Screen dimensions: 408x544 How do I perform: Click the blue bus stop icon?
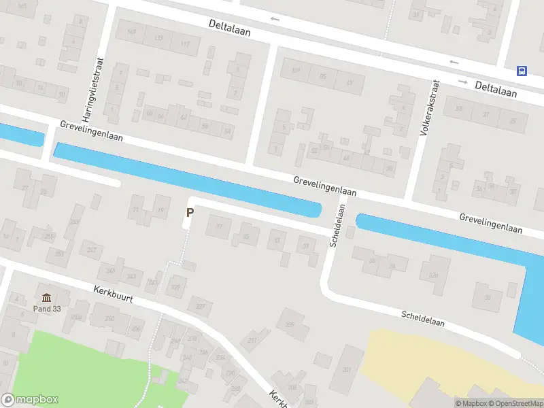pyautogui.click(x=522, y=70)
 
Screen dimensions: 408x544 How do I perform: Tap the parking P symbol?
pyautogui.click(x=190, y=213)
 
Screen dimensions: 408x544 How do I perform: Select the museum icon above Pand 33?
pyautogui.click(x=46, y=298)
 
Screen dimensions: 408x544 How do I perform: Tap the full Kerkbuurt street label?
pyautogui.click(x=113, y=294)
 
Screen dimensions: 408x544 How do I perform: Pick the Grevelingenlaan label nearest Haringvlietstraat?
pyautogui.click(x=91, y=131)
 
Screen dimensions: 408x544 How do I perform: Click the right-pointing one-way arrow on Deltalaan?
pyautogui.click(x=463, y=82)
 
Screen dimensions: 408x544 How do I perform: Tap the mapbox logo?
pyautogui.click(x=30, y=400)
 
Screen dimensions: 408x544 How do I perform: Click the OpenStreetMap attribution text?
pyautogui.click(x=514, y=403)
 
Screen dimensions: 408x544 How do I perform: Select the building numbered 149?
pyautogui.click(x=131, y=32)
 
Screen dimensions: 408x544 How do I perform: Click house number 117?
pyautogui.click(x=184, y=44)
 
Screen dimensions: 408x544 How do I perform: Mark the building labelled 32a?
pyautogui.click(x=433, y=275)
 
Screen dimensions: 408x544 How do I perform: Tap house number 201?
pyautogui.click(x=347, y=369)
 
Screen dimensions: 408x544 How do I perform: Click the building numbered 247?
pyautogui.click(x=91, y=250)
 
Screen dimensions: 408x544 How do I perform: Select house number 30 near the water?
pyautogui.click(x=487, y=296)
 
